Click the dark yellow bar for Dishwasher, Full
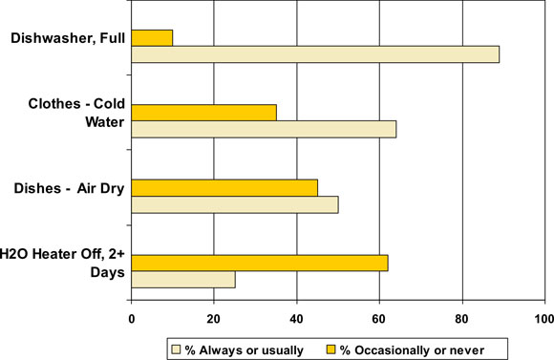[152, 37]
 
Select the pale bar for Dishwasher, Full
[315, 54]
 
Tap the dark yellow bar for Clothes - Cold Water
[203, 112]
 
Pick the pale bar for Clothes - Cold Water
[264, 129]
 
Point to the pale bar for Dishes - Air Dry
[235, 204]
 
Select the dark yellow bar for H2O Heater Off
[260, 262]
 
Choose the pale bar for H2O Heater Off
[183, 279]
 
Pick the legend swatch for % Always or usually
[175, 349]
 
